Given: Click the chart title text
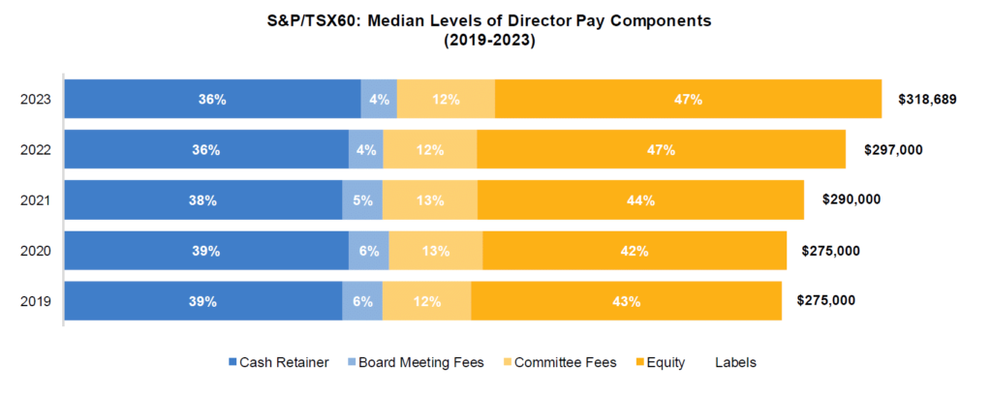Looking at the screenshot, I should pyautogui.click(x=495, y=28).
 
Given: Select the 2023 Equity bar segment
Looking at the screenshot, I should pyautogui.click(x=688, y=100).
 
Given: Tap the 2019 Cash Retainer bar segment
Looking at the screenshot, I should pyautogui.click(x=203, y=301).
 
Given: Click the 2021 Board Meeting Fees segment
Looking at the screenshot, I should pyautogui.click(x=362, y=200).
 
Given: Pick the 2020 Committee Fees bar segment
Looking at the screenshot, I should pyautogui.click(x=436, y=251).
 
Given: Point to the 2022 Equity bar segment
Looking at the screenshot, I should pyautogui.click(x=661, y=150).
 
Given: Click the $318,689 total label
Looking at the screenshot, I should pyautogui.click(x=928, y=99).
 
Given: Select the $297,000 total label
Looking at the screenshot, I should pyautogui.click(x=893, y=149).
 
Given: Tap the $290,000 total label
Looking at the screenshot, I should pyautogui.click(x=852, y=199).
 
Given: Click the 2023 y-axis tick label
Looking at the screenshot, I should pyautogui.click(x=36, y=100).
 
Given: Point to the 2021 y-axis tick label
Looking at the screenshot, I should pyautogui.click(x=36, y=200).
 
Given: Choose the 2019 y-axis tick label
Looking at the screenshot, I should pyautogui.click(x=36, y=301).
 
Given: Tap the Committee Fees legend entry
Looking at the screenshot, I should pyautogui.click(x=561, y=363).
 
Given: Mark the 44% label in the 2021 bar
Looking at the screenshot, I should pyautogui.click(x=640, y=200).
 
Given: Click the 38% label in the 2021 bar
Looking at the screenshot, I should pyautogui.click(x=203, y=200).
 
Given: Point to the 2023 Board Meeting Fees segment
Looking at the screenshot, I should pyautogui.click(x=379, y=100).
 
